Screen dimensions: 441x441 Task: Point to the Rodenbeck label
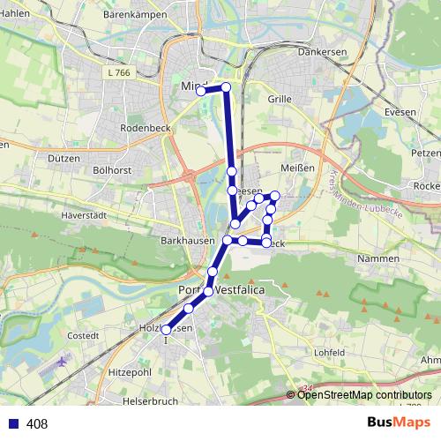click(x=145, y=128)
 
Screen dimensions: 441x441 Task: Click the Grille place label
click(x=279, y=100)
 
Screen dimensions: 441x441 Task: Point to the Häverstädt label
click(x=85, y=214)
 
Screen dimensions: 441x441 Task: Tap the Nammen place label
click(x=377, y=258)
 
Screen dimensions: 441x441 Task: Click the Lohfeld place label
click(x=329, y=352)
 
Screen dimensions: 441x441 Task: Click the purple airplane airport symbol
click(x=62, y=362)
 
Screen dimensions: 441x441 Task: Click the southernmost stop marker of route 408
click(x=166, y=330)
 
